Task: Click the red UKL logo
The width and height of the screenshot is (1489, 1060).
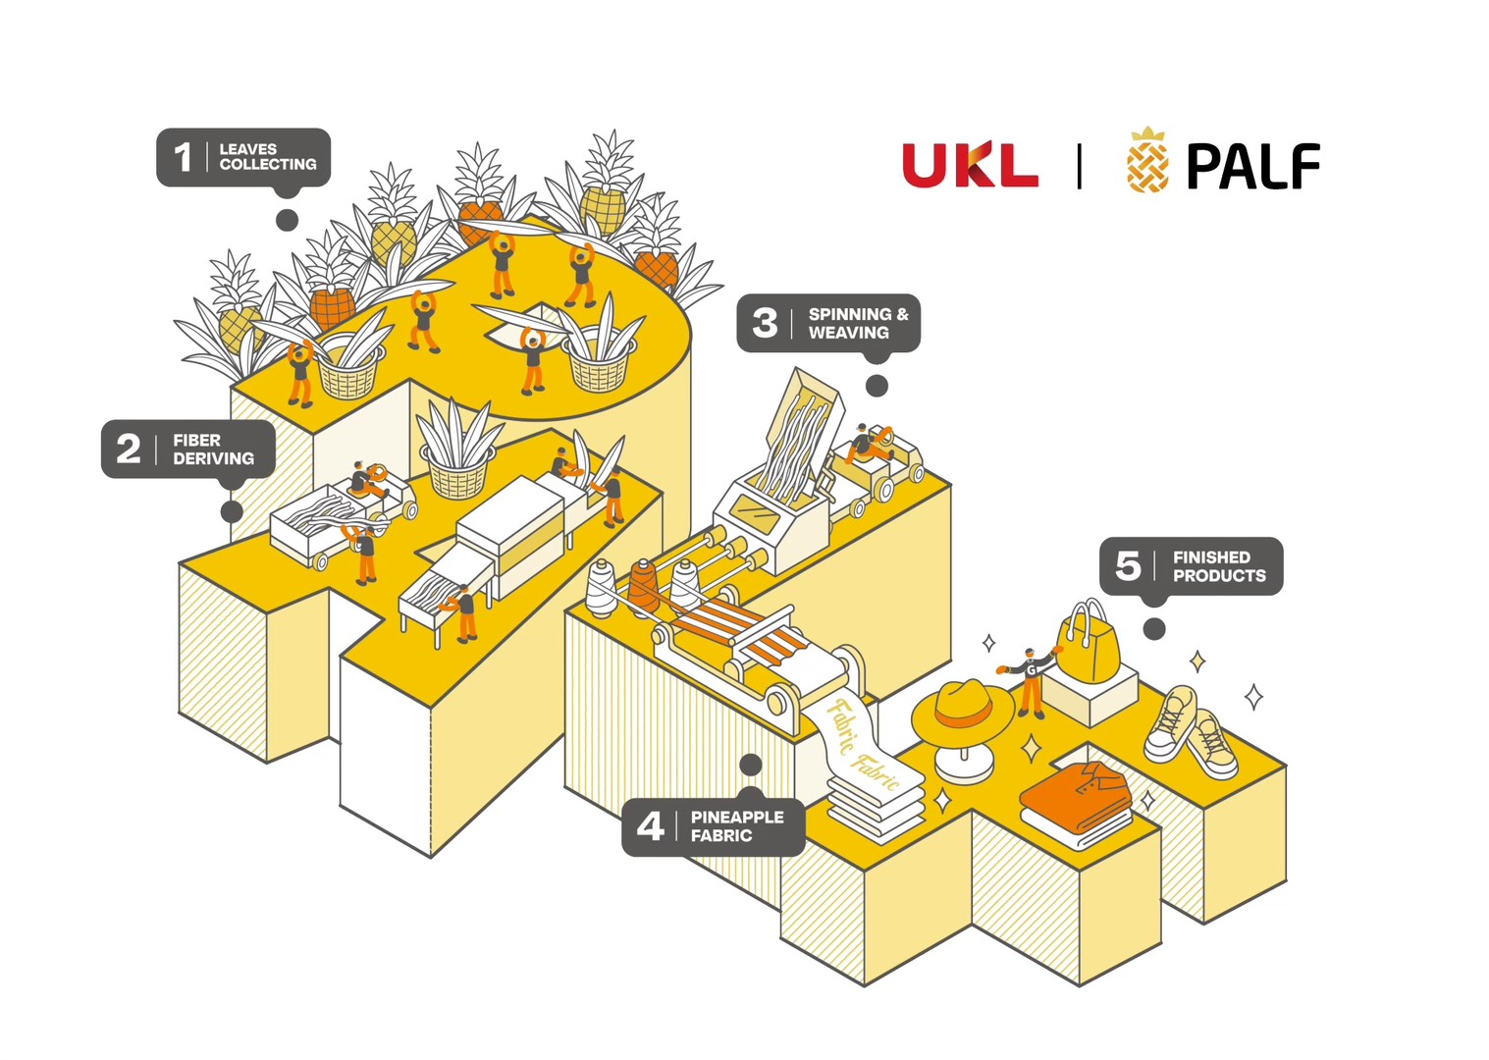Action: pos(970,165)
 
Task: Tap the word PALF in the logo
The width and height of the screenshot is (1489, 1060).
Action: pos(1252,166)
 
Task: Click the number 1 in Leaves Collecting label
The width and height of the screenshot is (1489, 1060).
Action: pos(183,157)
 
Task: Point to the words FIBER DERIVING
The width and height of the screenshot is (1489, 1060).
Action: pos(213,450)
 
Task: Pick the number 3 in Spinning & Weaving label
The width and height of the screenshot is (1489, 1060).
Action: pos(765,323)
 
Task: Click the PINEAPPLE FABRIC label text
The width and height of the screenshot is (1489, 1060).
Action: pos(736,826)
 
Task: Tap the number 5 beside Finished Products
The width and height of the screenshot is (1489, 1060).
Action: pos(1128,565)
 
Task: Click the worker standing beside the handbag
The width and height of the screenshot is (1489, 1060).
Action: pos(1030,680)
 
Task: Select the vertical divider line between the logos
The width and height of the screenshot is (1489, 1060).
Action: pos(1080,165)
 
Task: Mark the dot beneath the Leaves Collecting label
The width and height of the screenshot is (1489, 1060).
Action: pos(287,220)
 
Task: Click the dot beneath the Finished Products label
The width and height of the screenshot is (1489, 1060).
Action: pos(1154,628)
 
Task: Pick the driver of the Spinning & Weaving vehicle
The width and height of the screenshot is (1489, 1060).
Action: pos(865,444)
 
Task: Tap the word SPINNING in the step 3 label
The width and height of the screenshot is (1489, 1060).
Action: pos(850,314)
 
